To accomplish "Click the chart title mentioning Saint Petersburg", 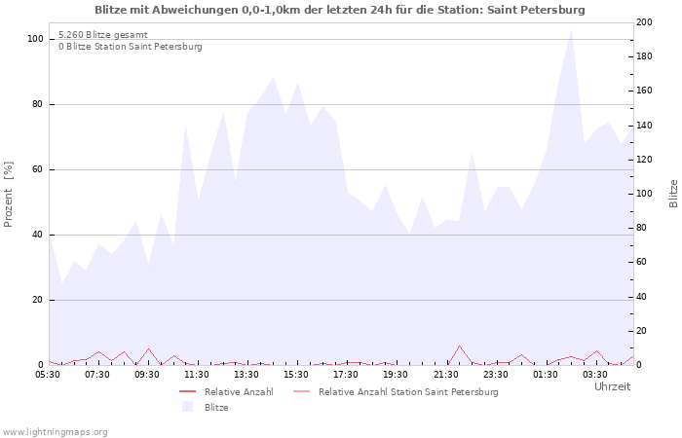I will click(340, 10).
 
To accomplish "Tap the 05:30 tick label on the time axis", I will click(49, 374).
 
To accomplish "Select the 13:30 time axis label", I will click(246, 374).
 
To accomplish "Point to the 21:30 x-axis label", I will click(446, 374).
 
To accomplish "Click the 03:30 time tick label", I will click(595, 374).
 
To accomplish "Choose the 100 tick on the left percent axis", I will click(35, 39).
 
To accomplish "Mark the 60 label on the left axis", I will click(38, 169).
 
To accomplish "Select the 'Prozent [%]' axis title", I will click(9, 194).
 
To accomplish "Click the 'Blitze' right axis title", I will click(673, 194).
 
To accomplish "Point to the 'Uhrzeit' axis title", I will click(612, 386).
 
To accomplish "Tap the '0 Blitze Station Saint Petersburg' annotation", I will click(130, 47).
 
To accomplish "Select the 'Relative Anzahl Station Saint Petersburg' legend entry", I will click(407, 391).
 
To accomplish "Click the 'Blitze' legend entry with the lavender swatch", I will click(216, 407).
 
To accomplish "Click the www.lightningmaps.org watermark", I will click(55, 431).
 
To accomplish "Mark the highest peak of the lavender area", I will click(571, 28).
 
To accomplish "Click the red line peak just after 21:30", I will click(459, 346).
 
